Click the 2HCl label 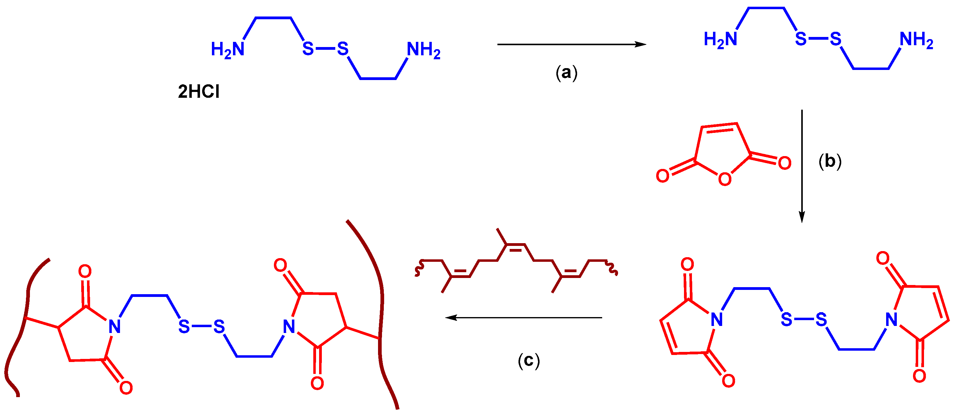coord(199,91)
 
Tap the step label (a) coord(566,72)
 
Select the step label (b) coord(830,161)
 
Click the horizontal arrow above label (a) coord(571,44)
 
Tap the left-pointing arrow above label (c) coord(523,317)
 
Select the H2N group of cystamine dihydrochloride coord(227,49)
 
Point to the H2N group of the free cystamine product coord(720,39)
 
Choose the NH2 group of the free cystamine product coord(916,39)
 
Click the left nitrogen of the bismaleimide coord(717,319)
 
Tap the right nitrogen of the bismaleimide coord(891,319)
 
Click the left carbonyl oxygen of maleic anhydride coord(663,176)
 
